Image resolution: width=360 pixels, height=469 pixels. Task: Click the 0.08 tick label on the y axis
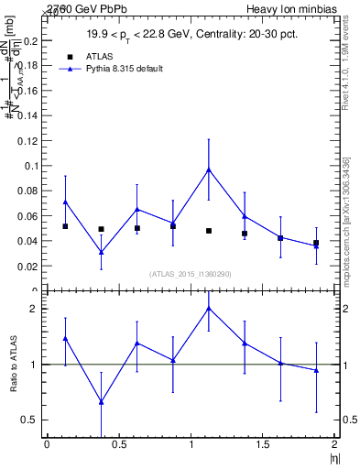(x=29, y=191)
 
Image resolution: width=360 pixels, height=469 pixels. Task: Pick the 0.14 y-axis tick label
(x=29, y=116)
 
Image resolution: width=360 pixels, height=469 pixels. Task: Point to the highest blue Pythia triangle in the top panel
(x=209, y=169)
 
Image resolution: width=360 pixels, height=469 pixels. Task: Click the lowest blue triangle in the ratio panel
(x=101, y=402)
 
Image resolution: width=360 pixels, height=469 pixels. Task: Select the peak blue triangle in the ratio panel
(x=209, y=308)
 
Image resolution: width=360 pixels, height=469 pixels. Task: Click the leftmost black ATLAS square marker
(x=65, y=226)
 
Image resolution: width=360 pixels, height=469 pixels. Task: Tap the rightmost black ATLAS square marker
(x=316, y=243)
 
